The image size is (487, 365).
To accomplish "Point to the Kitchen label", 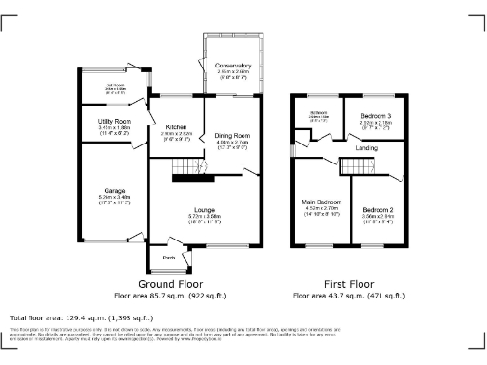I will pos(176,127).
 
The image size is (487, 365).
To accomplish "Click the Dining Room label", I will pos(231,135).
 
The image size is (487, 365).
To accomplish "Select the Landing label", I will pos(366,148).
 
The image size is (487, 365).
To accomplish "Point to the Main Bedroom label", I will pos(321,202).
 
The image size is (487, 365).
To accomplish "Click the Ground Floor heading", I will pos(175,284).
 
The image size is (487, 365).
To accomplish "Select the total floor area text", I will pos(81,317).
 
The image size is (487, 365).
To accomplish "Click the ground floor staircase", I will pos(188,171).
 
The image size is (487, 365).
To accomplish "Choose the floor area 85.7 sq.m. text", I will pos(175,296).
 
